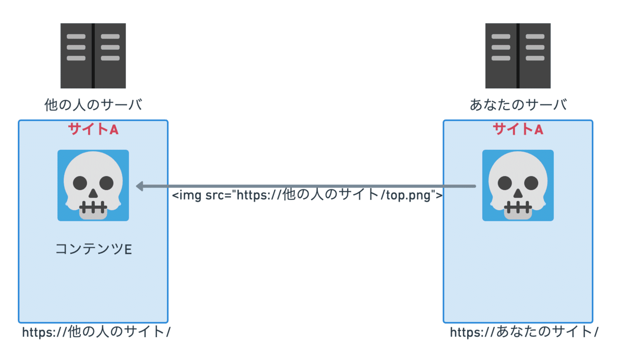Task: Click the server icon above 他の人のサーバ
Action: pos(93,56)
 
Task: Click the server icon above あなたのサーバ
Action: pos(518,56)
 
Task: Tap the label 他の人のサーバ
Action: pos(93,105)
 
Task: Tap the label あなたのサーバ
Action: pos(518,105)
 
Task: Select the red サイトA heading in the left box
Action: pos(93,130)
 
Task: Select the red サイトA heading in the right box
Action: pos(518,130)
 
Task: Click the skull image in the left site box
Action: pos(93,186)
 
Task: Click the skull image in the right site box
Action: pos(518,186)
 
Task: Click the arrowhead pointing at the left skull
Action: pos(140,186)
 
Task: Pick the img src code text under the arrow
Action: pos(308,196)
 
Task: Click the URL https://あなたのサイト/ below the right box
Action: pos(524,332)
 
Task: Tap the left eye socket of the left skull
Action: pos(80,184)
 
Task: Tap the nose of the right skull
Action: pos(518,193)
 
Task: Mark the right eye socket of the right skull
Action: pos(531,184)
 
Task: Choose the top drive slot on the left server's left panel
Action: pos(76,37)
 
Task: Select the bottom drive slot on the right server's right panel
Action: pos(535,58)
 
